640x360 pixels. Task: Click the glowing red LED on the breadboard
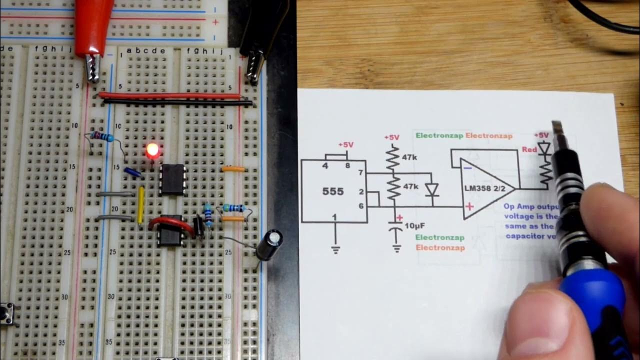[152, 150]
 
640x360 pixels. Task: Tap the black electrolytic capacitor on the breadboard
[269, 244]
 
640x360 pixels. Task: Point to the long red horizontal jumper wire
[170, 95]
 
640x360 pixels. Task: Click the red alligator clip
[93, 30]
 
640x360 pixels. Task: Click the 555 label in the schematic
[333, 192]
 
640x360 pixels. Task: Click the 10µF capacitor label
[414, 225]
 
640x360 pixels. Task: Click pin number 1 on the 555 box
[335, 216]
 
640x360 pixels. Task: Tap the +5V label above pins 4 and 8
[345, 145]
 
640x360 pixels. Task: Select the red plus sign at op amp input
[469, 206]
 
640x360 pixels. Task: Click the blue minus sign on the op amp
[467, 168]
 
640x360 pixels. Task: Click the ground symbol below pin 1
[335, 248]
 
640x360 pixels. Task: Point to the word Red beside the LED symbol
[529, 149]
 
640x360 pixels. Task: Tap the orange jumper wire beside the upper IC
[233, 169]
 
